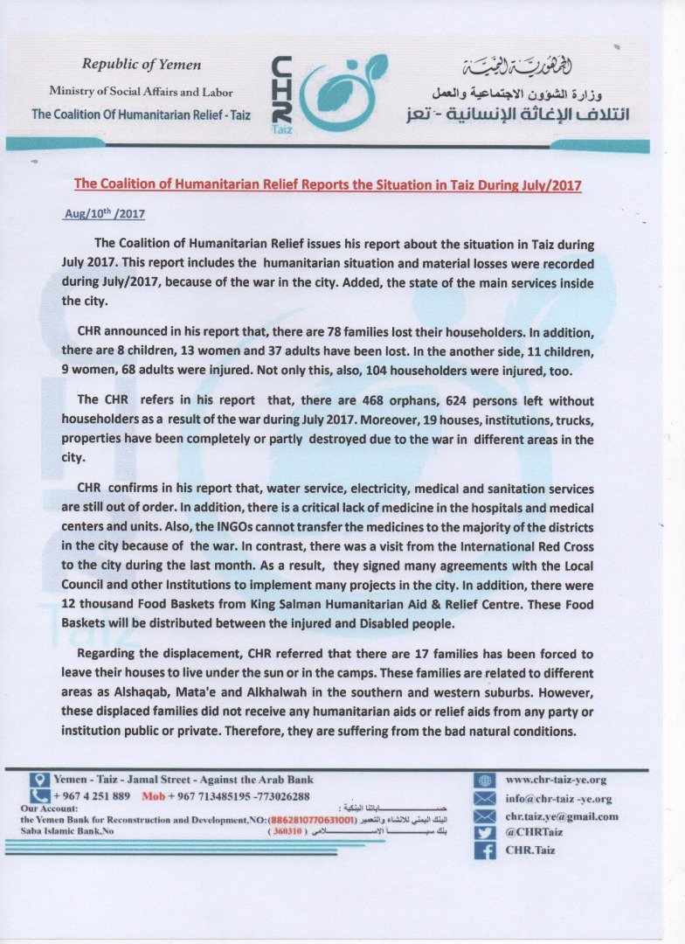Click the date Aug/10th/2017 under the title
tap(105, 213)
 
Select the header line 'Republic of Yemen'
tap(142, 64)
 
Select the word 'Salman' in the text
tap(293, 604)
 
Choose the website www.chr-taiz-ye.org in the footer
tap(556, 780)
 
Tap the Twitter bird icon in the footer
tap(484, 832)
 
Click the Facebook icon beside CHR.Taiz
tap(484, 850)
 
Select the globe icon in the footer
tap(484, 780)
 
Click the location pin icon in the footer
tap(38, 780)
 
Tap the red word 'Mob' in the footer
tap(153, 796)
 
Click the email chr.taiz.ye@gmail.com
tap(561, 816)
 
